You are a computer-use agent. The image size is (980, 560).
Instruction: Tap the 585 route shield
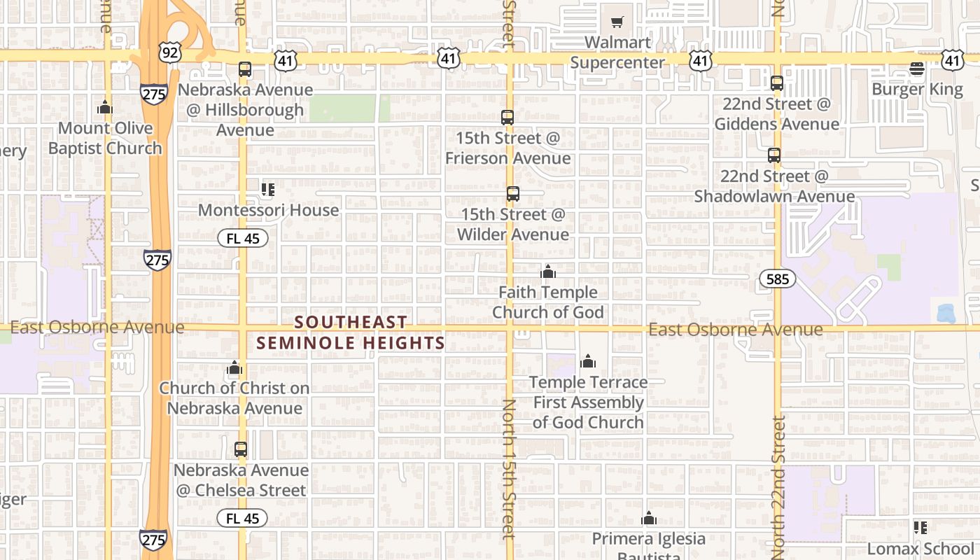[x=777, y=279]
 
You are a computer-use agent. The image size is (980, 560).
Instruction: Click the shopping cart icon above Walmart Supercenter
[x=617, y=22]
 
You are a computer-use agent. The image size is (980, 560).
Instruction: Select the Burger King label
[x=917, y=89]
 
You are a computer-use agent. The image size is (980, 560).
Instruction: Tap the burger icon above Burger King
[x=917, y=68]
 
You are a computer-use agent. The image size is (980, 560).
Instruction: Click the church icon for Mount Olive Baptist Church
[x=105, y=107]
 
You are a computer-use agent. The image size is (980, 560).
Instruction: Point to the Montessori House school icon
[x=267, y=189]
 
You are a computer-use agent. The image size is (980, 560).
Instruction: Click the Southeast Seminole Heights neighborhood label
[x=351, y=332]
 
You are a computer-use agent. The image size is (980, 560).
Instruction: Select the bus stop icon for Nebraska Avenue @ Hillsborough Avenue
[x=244, y=69]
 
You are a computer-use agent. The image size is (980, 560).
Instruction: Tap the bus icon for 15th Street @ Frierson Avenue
[x=507, y=118]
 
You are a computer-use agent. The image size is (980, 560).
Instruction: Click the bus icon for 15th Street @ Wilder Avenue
[x=513, y=194]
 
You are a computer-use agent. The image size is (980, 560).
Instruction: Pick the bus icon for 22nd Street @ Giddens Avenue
[x=777, y=83]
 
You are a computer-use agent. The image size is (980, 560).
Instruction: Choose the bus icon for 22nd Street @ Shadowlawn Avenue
[x=773, y=155]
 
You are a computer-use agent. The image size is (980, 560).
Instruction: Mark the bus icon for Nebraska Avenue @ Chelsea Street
[x=241, y=449]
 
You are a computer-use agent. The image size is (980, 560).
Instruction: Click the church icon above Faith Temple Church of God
[x=548, y=272]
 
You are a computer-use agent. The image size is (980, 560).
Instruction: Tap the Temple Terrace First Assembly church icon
[x=588, y=361]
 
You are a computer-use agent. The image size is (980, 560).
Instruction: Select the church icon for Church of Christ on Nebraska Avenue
[x=234, y=367]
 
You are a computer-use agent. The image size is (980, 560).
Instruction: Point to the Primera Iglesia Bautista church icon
[x=649, y=519]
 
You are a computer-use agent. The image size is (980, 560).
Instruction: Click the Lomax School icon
[x=920, y=528]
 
